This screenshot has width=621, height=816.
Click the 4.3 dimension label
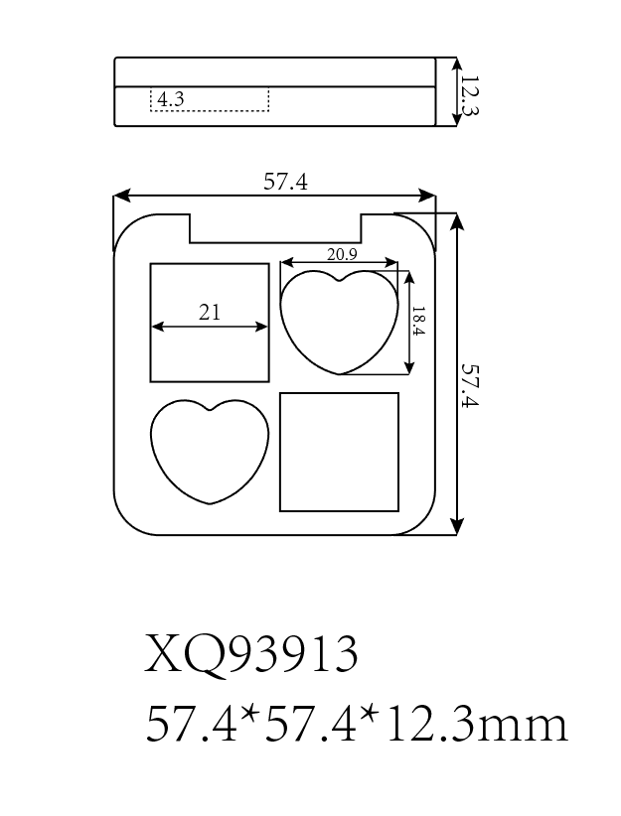pos(170,99)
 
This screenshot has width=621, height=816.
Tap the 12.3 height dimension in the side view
pos(470,95)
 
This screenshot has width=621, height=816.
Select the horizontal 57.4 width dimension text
pos(285,182)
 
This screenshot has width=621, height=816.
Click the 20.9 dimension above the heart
pos(342,254)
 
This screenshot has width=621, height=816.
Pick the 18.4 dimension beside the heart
pos(419,321)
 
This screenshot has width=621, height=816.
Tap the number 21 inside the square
pos(210,312)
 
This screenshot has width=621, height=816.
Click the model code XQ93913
pos(251,652)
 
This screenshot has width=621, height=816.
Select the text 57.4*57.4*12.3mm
pos(357,725)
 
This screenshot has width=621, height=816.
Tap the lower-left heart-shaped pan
pos(210,452)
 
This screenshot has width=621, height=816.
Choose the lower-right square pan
pos(339,452)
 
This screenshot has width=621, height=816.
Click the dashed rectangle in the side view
pos(210,99)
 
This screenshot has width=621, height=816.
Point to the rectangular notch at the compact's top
pos(275,228)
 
